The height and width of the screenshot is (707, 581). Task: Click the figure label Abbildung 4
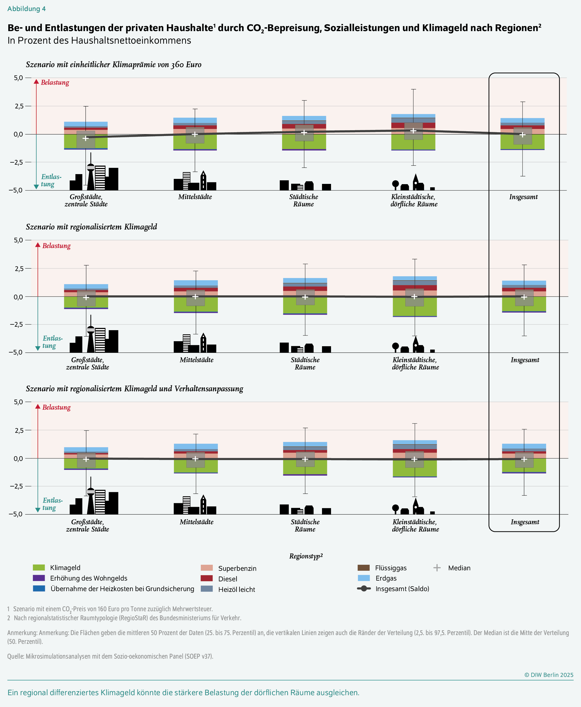click(26, 9)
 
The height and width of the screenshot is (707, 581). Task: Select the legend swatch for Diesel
click(207, 578)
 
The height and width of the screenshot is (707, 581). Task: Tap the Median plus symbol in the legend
click(437, 568)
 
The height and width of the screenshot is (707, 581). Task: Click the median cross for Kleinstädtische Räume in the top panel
click(413, 130)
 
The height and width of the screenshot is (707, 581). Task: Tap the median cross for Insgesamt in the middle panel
click(524, 297)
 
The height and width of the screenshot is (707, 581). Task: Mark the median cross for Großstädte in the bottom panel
click(86, 459)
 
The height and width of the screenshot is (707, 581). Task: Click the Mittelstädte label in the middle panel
click(197, 360)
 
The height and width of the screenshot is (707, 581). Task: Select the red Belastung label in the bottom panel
click(56, 407)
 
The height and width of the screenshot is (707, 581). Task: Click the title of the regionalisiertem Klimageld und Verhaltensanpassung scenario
click(134, 388)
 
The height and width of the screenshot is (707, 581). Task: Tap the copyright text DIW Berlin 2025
click(549, 675)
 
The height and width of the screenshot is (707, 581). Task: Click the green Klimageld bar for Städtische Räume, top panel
click(291, 142)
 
